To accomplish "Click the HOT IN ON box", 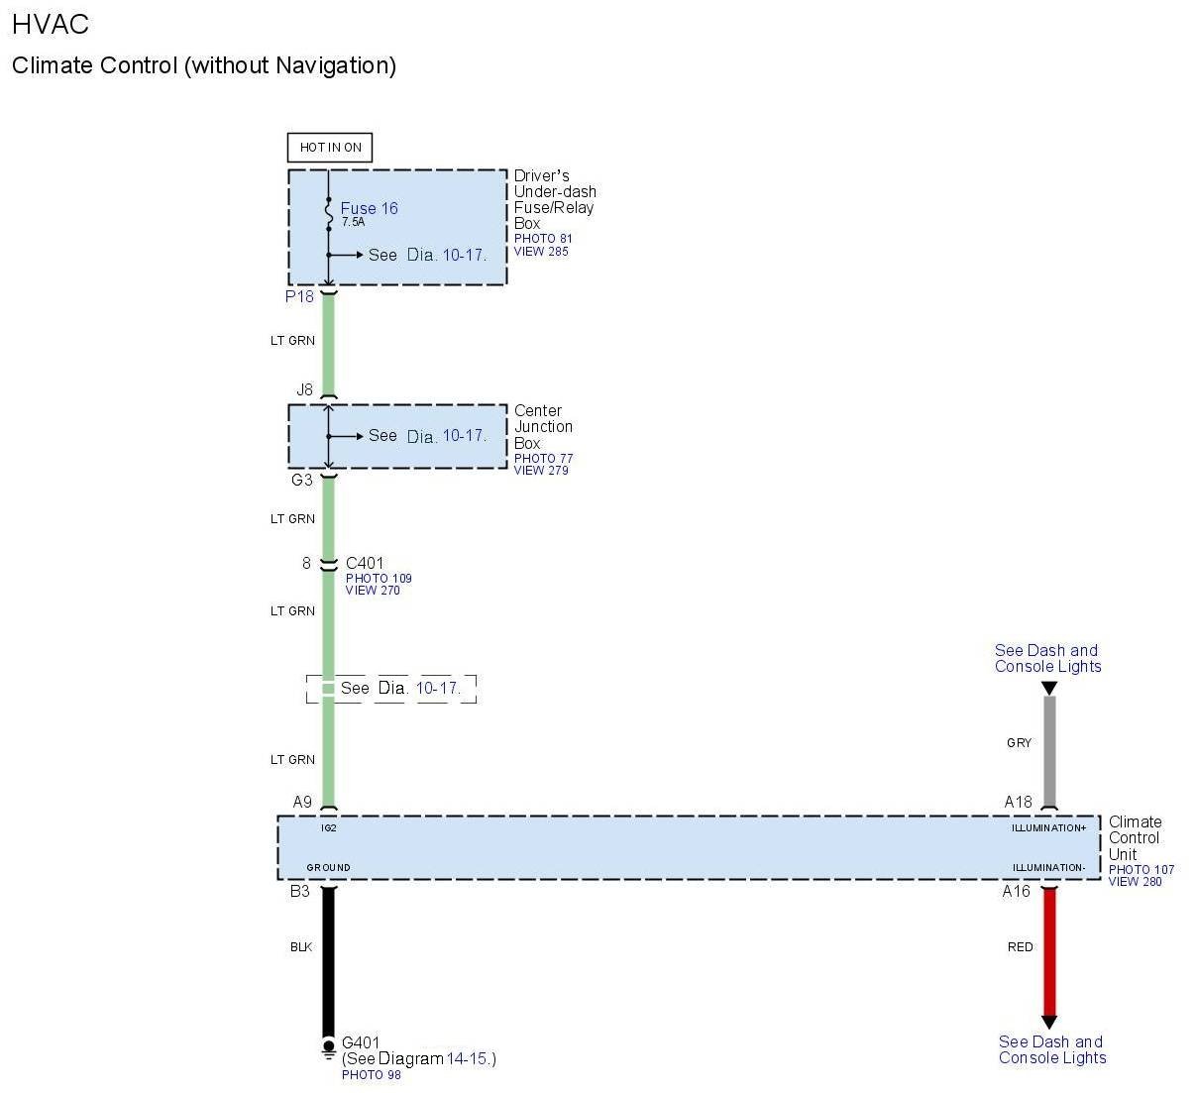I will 330,148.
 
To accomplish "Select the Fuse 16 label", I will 369,208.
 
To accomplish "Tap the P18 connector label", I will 299,296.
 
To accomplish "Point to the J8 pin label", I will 304,389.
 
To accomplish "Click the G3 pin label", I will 301,480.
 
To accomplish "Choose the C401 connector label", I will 365,563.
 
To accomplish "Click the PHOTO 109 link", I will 379,578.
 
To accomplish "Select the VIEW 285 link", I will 541,252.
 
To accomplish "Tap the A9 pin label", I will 302,802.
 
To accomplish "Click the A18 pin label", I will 1018,802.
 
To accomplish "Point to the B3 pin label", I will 299,891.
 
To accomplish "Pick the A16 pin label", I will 1016,891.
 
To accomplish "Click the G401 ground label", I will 361,1042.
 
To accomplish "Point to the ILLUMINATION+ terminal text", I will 1048,827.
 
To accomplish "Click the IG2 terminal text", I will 329,827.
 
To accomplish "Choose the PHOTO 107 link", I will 1141,869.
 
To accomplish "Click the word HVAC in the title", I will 51,23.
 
